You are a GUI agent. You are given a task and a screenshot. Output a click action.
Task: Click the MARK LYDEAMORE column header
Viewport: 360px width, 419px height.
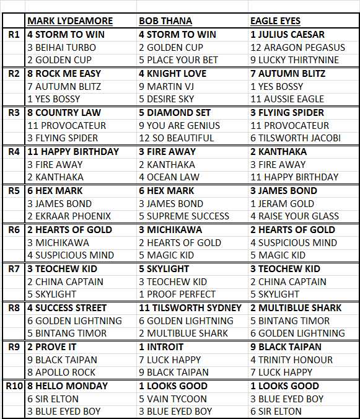pyautogui.click(x=69, y=21)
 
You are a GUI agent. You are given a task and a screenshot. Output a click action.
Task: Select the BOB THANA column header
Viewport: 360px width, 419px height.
pyautogui.click(x=167, y=21)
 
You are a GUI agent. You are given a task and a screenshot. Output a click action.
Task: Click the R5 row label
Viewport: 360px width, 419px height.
pyautogui.click(x=14, y=191)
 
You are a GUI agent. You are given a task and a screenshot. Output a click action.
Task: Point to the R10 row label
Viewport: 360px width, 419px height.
pyautogui.click(x=14, y=386)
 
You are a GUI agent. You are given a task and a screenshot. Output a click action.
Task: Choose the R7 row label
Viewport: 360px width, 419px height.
pyautogui.click(x=14, y=269)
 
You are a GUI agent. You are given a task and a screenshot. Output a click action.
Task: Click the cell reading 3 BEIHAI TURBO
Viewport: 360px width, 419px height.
pyautogui.click(x=61, y=47)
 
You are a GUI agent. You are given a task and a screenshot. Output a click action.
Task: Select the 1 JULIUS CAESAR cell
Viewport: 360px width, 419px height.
pyautogui.click(x=288, y=35)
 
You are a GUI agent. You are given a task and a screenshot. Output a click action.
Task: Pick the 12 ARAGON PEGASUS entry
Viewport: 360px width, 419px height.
pyautogui.click(x=297, y=47)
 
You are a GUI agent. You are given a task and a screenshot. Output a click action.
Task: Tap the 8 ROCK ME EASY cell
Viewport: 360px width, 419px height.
pyautogui.click(x=64, y=74)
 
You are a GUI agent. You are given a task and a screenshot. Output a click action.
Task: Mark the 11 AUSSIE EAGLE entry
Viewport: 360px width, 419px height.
pyautogui.click(x=287, y=99)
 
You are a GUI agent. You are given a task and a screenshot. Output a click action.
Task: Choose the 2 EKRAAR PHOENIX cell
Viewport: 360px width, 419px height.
pyautogui.click(x=69, y=216)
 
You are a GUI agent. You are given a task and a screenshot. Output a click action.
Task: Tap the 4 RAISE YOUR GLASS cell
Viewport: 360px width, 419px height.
pyautogui.click(x=294, y=216)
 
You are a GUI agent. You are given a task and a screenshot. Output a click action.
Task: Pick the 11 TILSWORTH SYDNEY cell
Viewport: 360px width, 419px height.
pyautogui.click(x=190, y=308)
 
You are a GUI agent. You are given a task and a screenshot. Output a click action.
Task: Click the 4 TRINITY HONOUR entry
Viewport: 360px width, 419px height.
pyautogui.click(x=291, y=359)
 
